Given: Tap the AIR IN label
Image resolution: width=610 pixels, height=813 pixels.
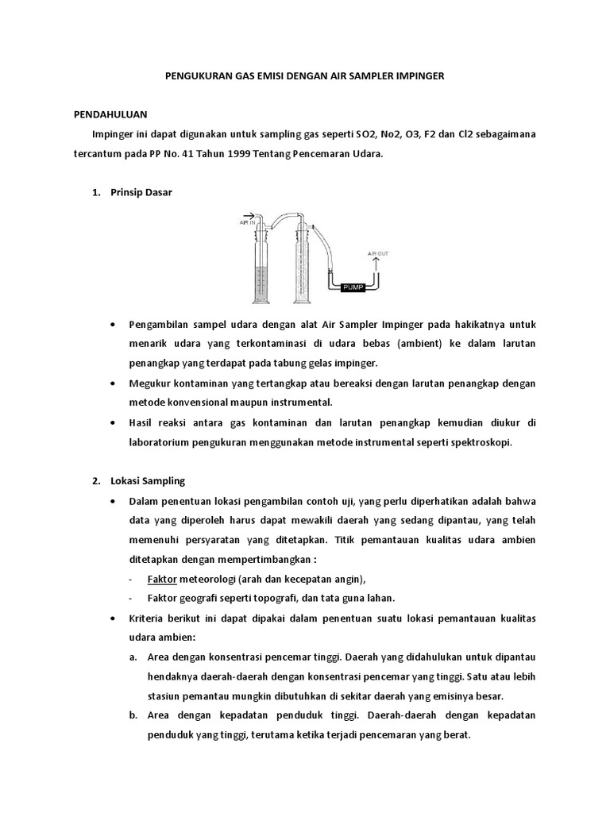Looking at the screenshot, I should [x=248, y=223].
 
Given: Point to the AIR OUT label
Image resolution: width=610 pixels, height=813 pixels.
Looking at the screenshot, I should [x=377, y=254].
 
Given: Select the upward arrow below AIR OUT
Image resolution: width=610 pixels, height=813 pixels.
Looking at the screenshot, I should [x=377, y=264].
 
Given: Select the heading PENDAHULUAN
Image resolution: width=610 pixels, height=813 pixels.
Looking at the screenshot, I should [x=106, y=114].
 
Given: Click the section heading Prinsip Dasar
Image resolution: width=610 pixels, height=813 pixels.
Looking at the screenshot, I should [x=141, y=193].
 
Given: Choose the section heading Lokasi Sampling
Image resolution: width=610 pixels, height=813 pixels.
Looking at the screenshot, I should [x=148, y=481].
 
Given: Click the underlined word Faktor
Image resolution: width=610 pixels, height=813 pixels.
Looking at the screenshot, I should [x=162, y=578].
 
